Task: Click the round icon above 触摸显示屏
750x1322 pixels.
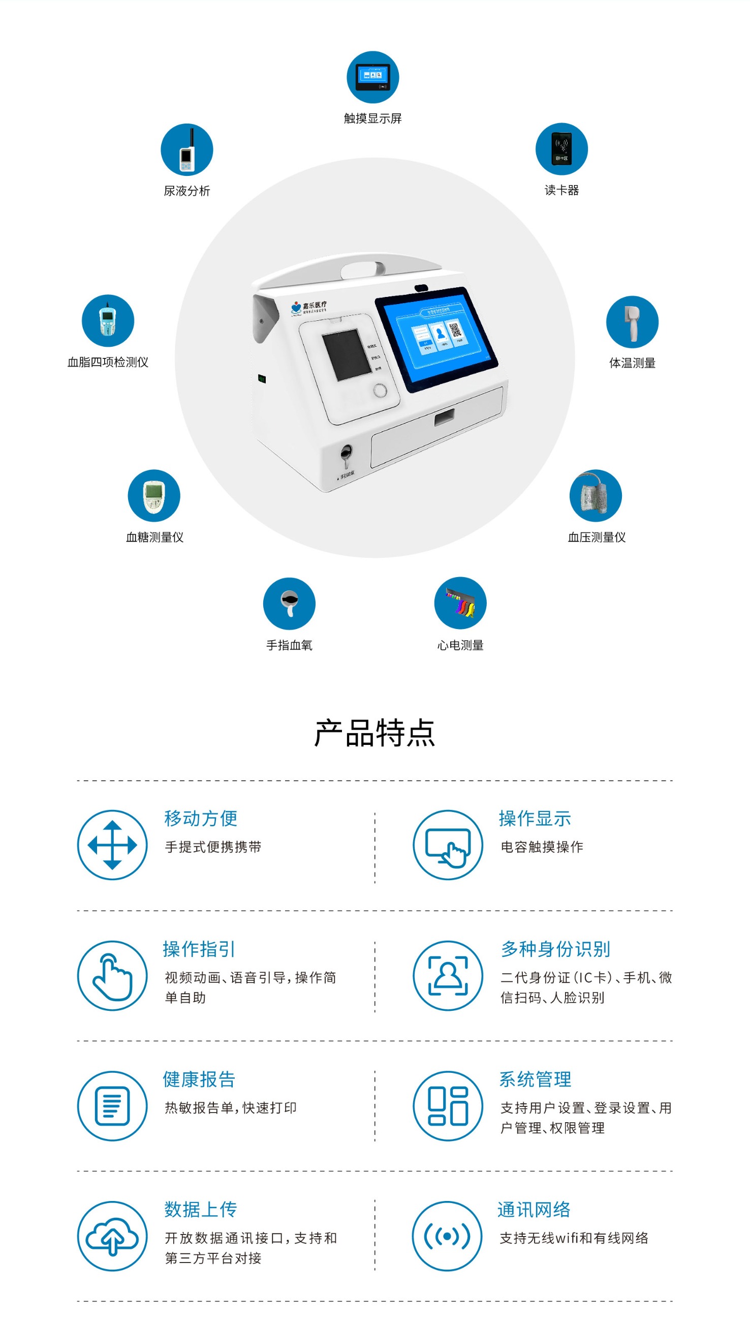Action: coord(372,77)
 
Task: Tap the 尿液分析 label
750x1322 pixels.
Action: coord(186,191)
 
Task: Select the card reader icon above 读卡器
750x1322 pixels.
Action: coord(561,149)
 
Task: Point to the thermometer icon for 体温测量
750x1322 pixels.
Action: coord(632,322)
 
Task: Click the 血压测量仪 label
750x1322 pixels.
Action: coord(597,537)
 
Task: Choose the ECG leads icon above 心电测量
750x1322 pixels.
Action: coord(460,603)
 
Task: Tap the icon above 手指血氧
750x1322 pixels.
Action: coord(289,603)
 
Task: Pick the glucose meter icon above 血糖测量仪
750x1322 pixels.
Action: coord(154,495)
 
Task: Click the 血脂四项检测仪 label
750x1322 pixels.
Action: coord(108,362)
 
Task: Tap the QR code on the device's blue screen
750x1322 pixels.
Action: coord(455,330)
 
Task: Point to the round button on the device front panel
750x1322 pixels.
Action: coord(380,390)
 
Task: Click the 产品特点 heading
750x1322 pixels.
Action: coord(374,732)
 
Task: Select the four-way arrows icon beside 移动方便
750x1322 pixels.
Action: coord(112,845)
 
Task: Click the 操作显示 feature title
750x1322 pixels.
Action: coord(535,819)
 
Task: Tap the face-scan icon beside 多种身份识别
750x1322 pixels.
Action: coord(448,975)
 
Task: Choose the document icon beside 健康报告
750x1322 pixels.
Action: coord(112,1105)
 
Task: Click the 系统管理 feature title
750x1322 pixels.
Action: coord(535,1079)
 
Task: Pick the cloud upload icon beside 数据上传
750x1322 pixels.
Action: coord(112,1236)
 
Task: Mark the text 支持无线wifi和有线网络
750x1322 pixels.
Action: coord(574,1238)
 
